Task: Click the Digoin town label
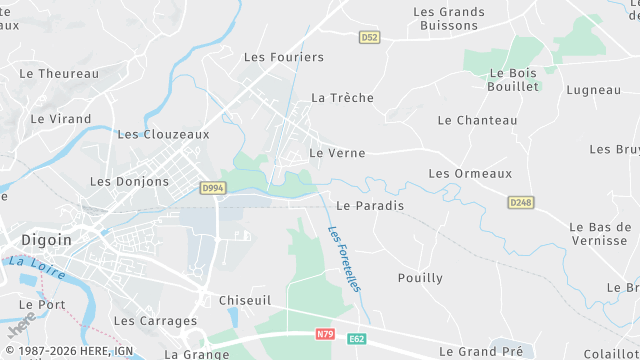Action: point(46,240)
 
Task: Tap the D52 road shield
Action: point(370,37)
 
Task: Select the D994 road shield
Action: point(211,187)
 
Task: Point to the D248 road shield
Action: point(520,202)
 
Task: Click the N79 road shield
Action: point(324,333)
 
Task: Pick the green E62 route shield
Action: point(357,340)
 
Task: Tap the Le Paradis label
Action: point(370,206)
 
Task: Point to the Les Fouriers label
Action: point(284,57)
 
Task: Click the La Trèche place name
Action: point(342,98)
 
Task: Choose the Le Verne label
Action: point(337,153)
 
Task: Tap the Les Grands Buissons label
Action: point(449,20)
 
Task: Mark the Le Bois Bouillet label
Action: point(514,80)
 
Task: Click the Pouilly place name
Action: point(420,278)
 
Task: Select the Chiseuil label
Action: point(246,299)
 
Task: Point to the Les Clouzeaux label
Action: point(163,133)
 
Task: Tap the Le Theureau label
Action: point(59,73)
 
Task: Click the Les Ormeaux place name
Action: point(470,173)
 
